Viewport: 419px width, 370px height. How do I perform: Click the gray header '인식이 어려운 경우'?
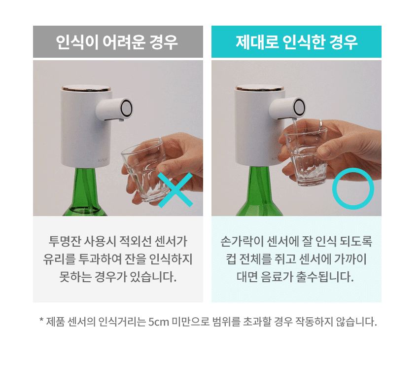pyautogui.click(x=117, y=42)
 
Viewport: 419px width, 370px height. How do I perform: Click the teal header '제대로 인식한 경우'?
pyautogui.click(x=296, y=42)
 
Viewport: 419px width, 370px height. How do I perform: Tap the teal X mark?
pyautogui.click(x=175, y=190)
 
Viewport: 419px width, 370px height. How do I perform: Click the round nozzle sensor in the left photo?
pyautogui.click(x=126, y=108)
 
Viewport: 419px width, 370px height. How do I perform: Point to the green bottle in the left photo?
pyautogui.click(x=84, y=192)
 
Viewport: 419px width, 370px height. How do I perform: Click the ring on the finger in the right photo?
pyautogui.click(x=321, y=124)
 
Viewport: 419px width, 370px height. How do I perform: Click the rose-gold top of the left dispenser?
pyautogui.click(x=86, y=88)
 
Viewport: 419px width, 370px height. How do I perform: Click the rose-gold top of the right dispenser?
pyautogui.click(x=259, y=88)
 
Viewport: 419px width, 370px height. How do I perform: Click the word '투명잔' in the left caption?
pyautogui.click(x=65, y=241)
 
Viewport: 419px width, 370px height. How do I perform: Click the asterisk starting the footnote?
pyautogui.click(x=41, y=320)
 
